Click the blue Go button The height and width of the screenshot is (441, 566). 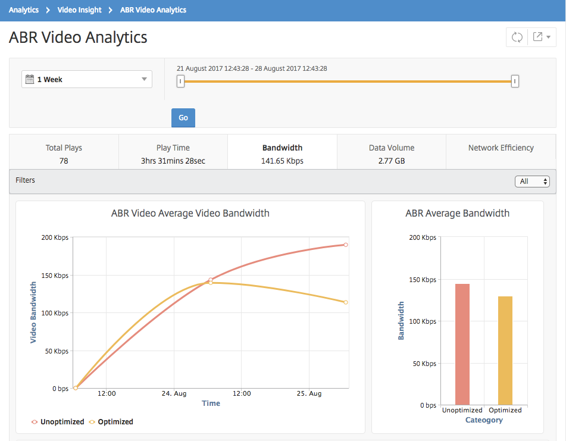point(183,118)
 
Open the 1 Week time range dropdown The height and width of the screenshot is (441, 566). point(87,79)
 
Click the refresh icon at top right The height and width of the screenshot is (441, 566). point(517,37)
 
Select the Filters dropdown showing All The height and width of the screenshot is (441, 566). point(532,181)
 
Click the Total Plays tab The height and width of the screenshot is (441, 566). point(64,154)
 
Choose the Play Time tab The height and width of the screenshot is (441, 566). point(173,154)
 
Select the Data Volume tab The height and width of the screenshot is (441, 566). point(392,154)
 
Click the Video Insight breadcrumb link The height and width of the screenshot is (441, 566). point(79,10)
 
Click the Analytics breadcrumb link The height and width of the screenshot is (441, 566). point(23,10)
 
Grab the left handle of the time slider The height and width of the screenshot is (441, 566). point(180,81)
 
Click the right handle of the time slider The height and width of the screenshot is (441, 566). point(515,81)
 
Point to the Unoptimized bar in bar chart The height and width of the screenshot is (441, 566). point(462,344)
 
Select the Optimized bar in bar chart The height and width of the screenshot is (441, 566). point(505,351)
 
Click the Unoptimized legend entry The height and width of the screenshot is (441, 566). point(58,421)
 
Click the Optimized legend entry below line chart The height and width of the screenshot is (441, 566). point(111,421)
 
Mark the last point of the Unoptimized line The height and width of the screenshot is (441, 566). point(346,245)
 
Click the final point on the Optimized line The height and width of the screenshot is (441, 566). point(346,302)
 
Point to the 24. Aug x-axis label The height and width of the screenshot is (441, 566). point(174,393)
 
